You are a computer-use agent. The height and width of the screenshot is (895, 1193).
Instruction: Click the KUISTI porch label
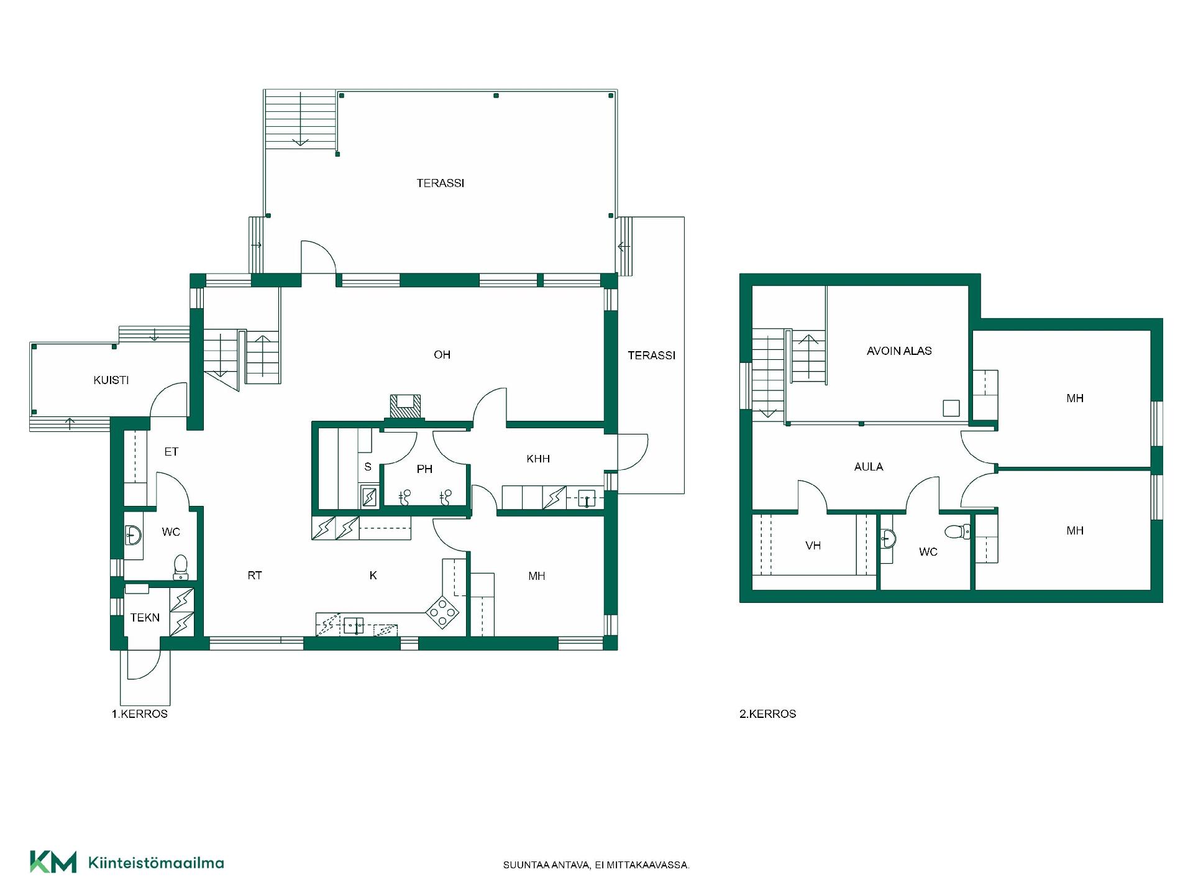coord(111,380)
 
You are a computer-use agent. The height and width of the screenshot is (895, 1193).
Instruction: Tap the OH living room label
coord(442,355)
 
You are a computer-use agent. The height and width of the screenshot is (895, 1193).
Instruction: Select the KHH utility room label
coord(538,459)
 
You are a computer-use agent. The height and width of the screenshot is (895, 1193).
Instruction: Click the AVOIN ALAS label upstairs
coord(899,351)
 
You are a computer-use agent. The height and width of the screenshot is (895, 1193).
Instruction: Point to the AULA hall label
coord(869,467)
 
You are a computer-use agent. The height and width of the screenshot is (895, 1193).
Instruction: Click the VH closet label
coord(813,546)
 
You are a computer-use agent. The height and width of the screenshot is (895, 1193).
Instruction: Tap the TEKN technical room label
coord(145,618)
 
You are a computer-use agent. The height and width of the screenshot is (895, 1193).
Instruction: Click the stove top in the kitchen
coord(442,612)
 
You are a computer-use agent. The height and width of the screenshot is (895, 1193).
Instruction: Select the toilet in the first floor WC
coord(181,566)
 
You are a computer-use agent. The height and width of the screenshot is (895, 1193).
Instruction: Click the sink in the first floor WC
coord(133,535)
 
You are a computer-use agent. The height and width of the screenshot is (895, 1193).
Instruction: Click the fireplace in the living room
coord(405,406)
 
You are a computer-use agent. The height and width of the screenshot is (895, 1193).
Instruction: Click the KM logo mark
coord(53,862)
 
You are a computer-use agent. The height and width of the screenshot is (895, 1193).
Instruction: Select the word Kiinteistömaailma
coord(157,863)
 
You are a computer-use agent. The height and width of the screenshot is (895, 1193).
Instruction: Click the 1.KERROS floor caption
coord(140,714)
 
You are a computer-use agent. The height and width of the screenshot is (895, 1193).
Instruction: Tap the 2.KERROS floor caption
coord(768,714)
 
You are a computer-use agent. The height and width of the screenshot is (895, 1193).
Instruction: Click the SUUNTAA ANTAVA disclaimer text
coord(596,865)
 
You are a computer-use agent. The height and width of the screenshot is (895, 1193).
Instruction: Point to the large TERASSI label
coord(441,183)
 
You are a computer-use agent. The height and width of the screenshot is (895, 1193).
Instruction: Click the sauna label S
coord(368,467)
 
